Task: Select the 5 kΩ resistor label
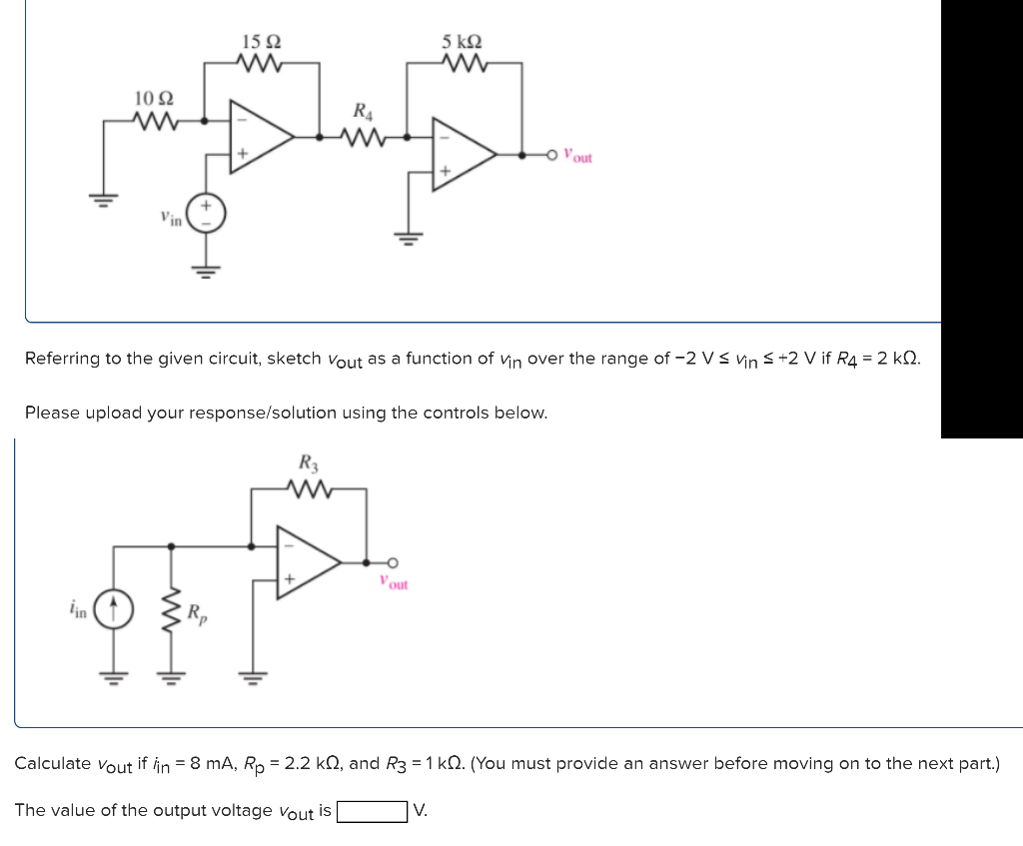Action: pos(463,42)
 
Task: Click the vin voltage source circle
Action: pos(209,213)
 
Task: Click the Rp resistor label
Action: pos(199,612)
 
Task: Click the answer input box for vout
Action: pos(372,811)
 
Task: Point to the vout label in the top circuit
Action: pos(577,156)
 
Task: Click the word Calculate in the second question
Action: pos(52,764)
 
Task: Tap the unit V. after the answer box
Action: pos(420,811)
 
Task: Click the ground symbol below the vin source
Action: pos(209,268)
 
